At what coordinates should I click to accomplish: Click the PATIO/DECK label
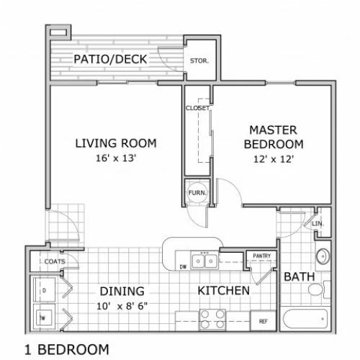click(x=110, y=59)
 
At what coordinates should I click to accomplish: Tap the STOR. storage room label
click(x=199, y=60)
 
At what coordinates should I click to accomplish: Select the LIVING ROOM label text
click(x=116, y=143)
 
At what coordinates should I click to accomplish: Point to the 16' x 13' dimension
click(x=116, y=158)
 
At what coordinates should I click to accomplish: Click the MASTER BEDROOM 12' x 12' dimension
click(x=274, y=159)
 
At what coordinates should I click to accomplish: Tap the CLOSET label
click(x=197, y=108)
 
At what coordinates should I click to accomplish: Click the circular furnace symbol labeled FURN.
click(x=197, y=192)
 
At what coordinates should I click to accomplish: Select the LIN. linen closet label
click(x=318, y=224)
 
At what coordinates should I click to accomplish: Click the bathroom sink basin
click(x=323, y=256)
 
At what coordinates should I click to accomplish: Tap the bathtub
click(x=305, y=319)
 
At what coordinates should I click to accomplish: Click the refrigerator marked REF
click(x=263, y=320)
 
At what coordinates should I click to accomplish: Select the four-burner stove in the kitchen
click(x=212, y=319)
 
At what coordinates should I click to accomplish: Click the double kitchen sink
click(x=204, y=261)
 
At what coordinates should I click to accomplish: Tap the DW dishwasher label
click(x=183, y=267)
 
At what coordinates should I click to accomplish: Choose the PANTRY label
click(x=262, y=256)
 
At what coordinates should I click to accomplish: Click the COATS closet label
click(x=55, y=261)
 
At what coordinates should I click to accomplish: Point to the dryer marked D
click(x=44, y=290)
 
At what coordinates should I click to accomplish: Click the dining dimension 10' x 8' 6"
click(x=122, y=306)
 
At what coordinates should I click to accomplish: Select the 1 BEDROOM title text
click(x=67, y=349)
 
